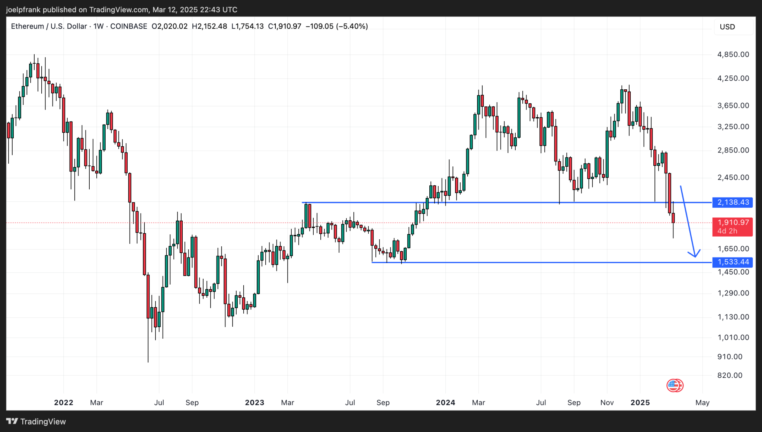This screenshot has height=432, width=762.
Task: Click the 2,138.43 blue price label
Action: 732,202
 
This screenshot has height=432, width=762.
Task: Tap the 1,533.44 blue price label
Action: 732,262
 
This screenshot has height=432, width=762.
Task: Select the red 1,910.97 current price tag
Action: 732,223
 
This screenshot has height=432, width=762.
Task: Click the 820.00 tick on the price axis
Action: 730,375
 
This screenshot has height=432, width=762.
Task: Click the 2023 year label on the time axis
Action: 254,403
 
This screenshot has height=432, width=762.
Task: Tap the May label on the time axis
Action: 702,403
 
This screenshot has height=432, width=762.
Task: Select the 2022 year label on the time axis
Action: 64,403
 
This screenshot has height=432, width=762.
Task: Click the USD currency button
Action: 727,27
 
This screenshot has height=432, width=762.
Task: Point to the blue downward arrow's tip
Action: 695,256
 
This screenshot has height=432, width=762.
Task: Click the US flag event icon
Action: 675,385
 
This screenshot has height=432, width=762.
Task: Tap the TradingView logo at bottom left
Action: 36,422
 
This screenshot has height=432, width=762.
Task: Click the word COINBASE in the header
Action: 129,26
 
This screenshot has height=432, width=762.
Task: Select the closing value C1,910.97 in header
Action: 285,26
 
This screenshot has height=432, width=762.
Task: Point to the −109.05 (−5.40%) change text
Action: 337,26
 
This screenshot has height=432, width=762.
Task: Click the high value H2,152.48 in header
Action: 209,26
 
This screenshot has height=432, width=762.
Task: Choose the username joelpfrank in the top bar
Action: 23,10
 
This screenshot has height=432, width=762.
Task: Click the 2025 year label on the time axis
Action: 640,403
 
